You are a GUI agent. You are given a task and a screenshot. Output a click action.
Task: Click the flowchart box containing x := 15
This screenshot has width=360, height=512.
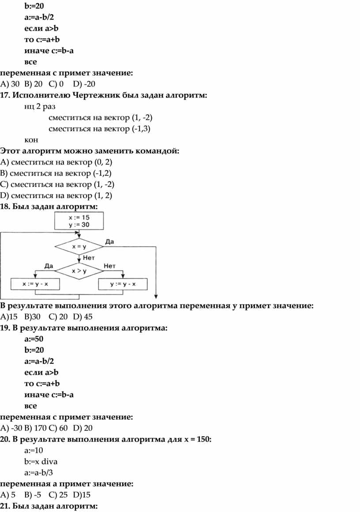tap(79, 220)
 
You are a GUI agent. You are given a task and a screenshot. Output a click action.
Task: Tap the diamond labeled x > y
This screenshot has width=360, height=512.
tap(79, 271)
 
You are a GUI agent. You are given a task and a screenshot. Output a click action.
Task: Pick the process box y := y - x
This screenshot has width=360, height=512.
tap(123, 284)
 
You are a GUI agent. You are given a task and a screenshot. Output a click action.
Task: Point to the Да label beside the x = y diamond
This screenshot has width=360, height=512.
tap(110, 242)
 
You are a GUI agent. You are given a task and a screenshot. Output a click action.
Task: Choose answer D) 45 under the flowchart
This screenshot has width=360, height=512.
tap(83, 317)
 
